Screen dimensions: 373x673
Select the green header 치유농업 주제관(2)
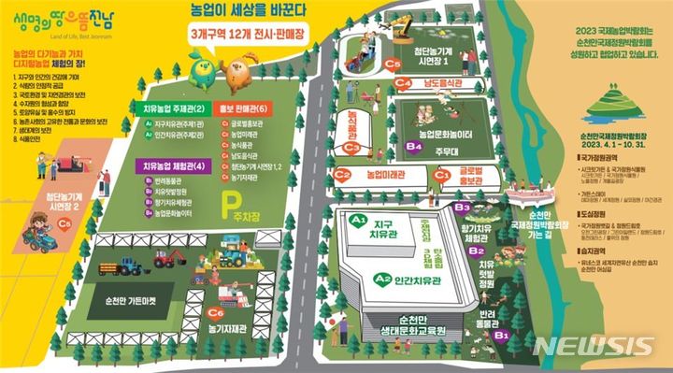[x=173, y=108]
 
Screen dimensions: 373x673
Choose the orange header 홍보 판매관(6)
[x=243, y=108]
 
